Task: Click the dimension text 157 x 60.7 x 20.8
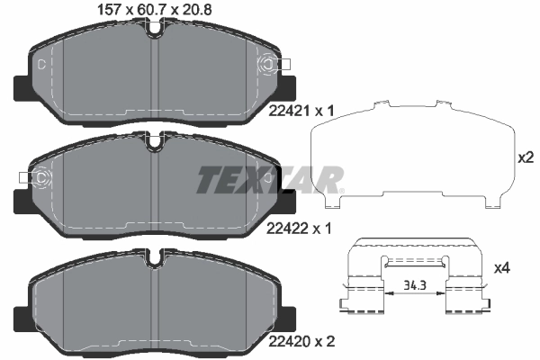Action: pos(155,9)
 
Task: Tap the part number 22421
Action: pos(289,111)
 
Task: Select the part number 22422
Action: pos(287,228)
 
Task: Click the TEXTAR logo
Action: pos(270,180)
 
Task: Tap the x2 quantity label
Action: pos(526,157)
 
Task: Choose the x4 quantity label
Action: pos(502,267)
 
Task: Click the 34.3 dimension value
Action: pos(415,285)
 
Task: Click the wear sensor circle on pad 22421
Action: pos(267,64)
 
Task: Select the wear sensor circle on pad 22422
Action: pos(41,178)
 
